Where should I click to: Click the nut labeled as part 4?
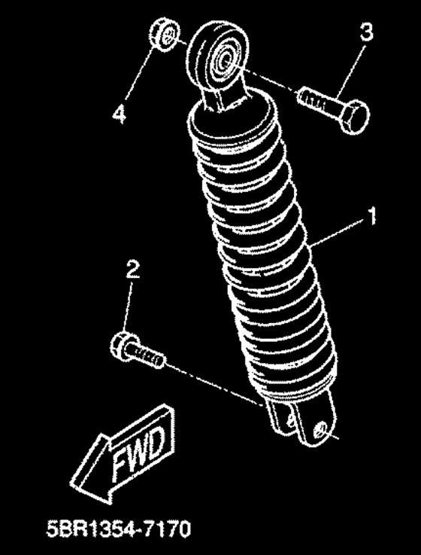(x=165, y=35)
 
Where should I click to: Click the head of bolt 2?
(x=123, y=346)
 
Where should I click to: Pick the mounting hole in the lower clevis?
(x=322, y=430)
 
